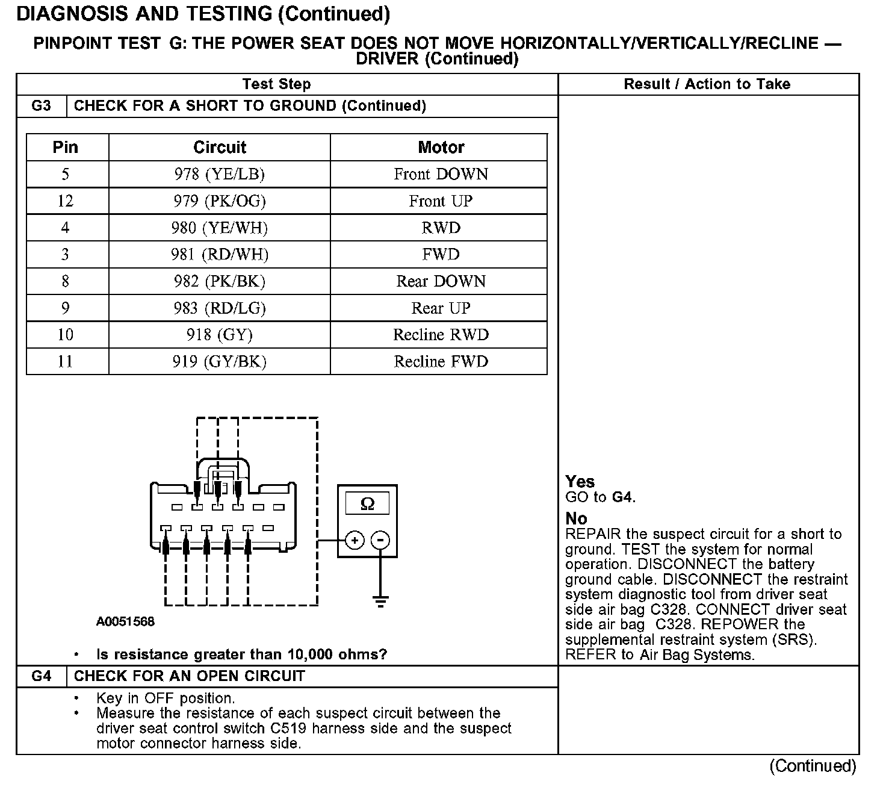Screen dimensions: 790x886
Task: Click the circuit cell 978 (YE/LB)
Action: click(219, 174)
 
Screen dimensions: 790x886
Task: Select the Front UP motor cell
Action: click(441, 201)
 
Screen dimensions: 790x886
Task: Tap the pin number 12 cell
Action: click(65, 201)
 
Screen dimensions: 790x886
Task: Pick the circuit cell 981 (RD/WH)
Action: click(219, 255)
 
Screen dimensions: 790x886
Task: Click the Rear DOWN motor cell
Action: click(441, 281)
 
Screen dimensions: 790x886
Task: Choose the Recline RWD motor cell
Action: click(441, 335)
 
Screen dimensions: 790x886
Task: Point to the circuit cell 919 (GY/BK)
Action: click(219, 361)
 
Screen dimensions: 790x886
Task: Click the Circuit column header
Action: click(219, 148)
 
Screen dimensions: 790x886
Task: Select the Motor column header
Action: click(441, 148)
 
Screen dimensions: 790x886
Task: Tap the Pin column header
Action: click(65, 148)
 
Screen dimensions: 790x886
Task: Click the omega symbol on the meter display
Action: click(367, 504)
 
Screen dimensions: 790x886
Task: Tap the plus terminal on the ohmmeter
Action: click(355, 540)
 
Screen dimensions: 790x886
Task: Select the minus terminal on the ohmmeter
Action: click(380, 540)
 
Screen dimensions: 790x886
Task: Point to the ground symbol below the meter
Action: click(380, 600)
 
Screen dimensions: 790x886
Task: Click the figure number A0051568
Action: click(125, 621)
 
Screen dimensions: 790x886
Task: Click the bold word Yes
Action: click(580, 482)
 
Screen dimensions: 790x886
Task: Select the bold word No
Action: click(576, 518)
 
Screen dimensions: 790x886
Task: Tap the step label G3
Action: click(41, 106)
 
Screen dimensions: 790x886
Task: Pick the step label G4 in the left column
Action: click(41, 676)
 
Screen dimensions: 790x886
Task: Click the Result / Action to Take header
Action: click(707, 84)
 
